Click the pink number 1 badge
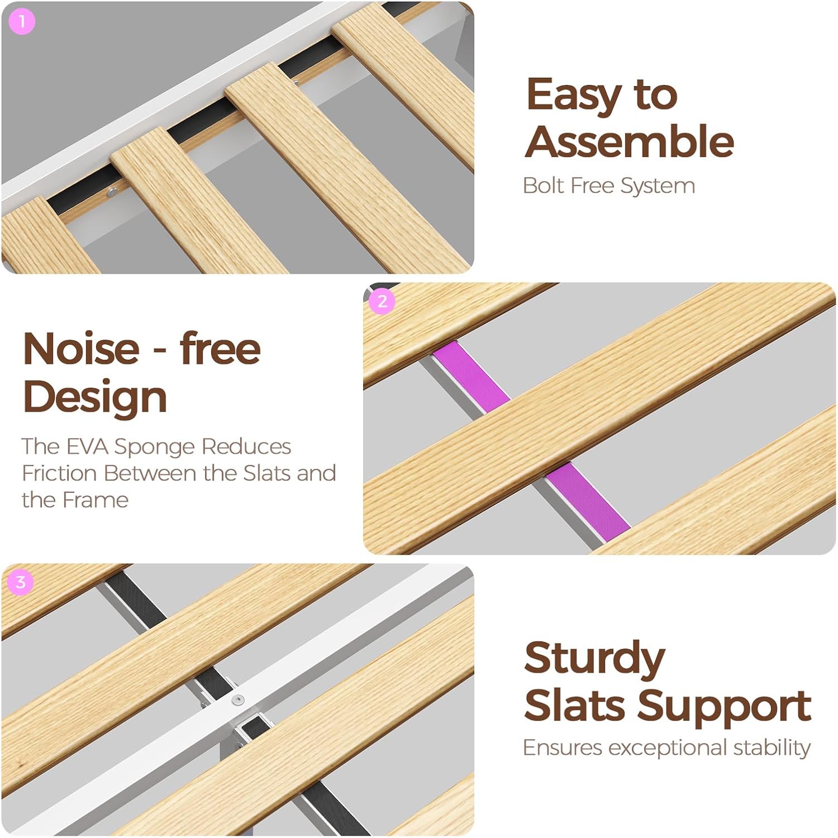click(x=22, y=22)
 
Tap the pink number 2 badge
click(x=382, y=302)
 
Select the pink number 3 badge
click(x=21, y=583)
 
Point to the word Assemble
click(x=630, y=141)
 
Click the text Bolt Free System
click(x=609, y=186)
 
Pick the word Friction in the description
click(x=60, y=473)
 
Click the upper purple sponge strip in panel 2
click(x=471, y=374)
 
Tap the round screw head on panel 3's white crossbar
click(x=239, y=699)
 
